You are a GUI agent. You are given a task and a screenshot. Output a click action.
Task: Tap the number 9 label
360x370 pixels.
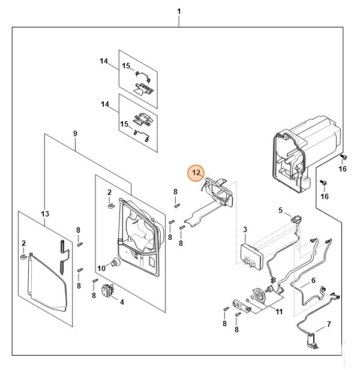pos(75,133)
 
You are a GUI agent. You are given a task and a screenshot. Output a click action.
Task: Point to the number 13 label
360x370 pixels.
pos(44,214)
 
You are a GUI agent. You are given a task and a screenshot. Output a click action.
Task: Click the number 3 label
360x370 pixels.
pos(245,230)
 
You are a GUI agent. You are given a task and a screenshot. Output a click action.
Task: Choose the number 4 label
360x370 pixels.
pos(122,302)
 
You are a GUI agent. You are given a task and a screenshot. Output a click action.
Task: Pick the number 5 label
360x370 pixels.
pos(280,210)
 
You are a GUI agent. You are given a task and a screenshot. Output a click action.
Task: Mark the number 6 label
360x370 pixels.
pos(313,281)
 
